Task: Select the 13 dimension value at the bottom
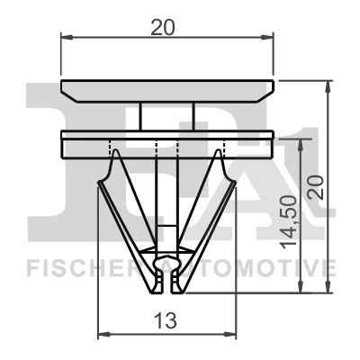(x=166, y=319)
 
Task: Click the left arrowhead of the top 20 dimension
(x=66, y=37)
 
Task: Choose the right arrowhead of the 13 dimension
(x=230, y=334)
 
